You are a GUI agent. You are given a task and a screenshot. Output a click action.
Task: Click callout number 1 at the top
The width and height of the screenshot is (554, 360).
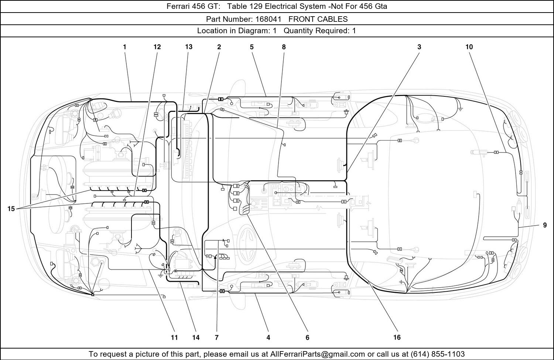tap(125, 47)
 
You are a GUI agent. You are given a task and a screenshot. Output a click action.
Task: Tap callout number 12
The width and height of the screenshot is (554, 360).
tap(157, 47)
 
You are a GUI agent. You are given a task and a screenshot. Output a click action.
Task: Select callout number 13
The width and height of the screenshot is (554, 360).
tap(189, 47)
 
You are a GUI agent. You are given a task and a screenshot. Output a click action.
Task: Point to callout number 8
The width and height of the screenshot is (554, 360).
tap(284, 47)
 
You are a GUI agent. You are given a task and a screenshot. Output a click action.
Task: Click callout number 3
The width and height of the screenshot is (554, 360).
tap(419, 47)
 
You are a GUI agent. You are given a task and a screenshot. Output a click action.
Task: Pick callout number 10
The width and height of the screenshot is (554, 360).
tap(469, 47)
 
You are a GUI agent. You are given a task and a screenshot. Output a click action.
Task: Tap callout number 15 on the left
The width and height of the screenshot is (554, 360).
tap(11, 209)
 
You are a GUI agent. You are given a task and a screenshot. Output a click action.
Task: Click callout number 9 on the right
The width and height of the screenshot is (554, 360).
tap(545, 225)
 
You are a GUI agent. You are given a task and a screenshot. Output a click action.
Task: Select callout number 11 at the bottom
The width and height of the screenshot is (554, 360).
tap(174, 337)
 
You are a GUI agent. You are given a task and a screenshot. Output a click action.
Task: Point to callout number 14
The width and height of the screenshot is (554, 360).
tap(196, 337)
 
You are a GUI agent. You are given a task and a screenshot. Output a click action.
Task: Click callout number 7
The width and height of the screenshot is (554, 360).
tap(217, 337)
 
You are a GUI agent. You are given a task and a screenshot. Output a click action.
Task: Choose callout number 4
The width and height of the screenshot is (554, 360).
tap(269, 337)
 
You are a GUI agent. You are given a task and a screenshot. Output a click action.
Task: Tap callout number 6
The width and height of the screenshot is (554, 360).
tap(307, 337)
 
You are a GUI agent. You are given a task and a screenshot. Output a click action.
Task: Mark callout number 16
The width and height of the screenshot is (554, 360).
tap(397, 337)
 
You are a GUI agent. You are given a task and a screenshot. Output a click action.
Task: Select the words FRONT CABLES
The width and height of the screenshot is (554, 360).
tap(318, 19)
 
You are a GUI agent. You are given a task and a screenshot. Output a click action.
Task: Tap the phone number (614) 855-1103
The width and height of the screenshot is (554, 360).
tap(438, 354)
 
